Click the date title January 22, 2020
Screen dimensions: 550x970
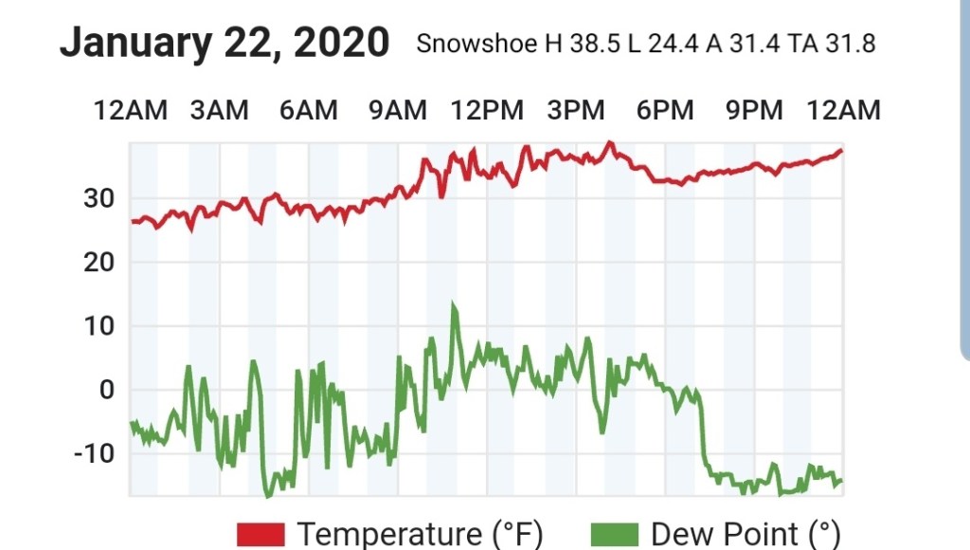tap(225, 44)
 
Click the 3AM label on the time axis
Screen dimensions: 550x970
tap(219, 111)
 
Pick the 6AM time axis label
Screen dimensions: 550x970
tap(309, 111)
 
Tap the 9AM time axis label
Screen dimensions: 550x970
tap(398, 111)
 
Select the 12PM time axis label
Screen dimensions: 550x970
tap(487, 111)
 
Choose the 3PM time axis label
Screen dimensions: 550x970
tap(576, 111)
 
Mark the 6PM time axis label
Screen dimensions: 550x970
tap(665, 111)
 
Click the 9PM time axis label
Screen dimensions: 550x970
tap(754, 111)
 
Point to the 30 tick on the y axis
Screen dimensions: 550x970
tap(99, 199)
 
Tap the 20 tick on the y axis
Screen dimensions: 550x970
tap(99, 263)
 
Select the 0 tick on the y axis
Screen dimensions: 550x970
tap(106, 390)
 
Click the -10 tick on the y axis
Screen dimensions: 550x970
tap(93, 453)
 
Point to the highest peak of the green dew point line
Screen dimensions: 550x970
tap(454, 304)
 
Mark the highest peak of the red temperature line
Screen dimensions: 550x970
tap(610, 143)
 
